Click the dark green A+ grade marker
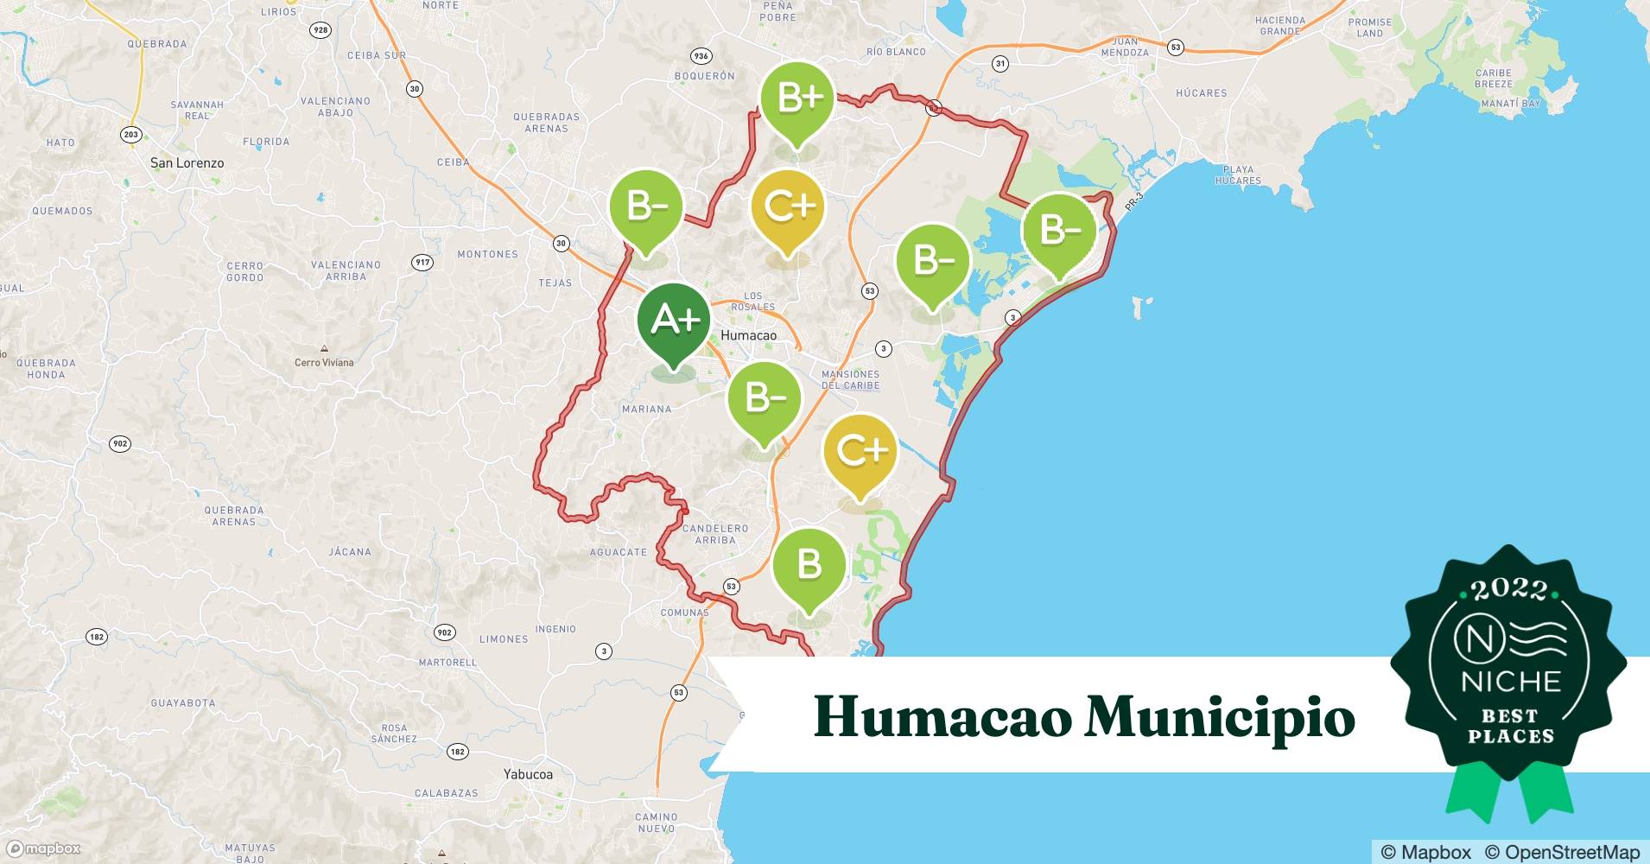(674, 321)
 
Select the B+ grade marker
(797, 98)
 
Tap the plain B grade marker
(809, 565)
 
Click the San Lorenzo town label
(187, 162)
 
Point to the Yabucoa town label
(528, 774)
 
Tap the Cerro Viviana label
(324, 362)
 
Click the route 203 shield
(131, 134)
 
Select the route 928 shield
(320, 30)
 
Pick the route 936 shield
(701, 56)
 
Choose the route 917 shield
(422, 262)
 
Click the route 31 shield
(1000, 63)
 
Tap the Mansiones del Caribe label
(851, 380)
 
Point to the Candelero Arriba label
(715, 534)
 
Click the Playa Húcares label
(1238, 175)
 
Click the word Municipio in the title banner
(1220, 717)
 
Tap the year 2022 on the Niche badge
(1509, 590)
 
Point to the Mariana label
(646, 409)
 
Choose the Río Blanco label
(896, 52)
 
